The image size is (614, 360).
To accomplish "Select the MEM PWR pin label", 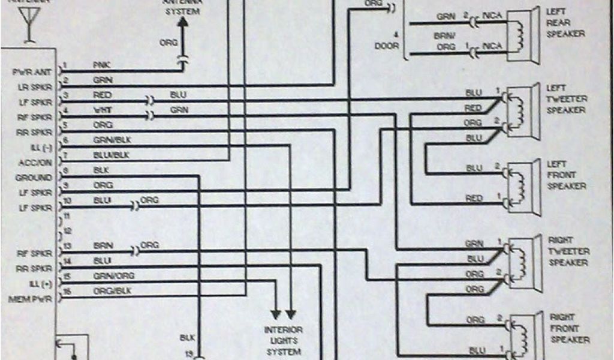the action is tap(31, 298).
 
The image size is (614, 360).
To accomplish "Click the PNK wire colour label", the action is tap(101, 64).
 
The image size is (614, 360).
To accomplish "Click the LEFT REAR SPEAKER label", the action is tap(565, 23).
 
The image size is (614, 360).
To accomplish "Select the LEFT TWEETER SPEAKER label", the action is tap(566, 99).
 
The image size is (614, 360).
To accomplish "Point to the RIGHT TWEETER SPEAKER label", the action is tap(568, 251).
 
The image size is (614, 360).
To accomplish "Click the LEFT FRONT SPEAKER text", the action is tap(565, 175).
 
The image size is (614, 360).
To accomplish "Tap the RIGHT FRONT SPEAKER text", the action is tap(568, 328).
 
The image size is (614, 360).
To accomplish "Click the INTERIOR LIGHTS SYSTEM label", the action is tap(284, 341).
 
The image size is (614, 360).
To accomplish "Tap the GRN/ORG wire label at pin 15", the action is tap(113, 275).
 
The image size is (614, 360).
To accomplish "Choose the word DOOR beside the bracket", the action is tap(386, 46).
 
